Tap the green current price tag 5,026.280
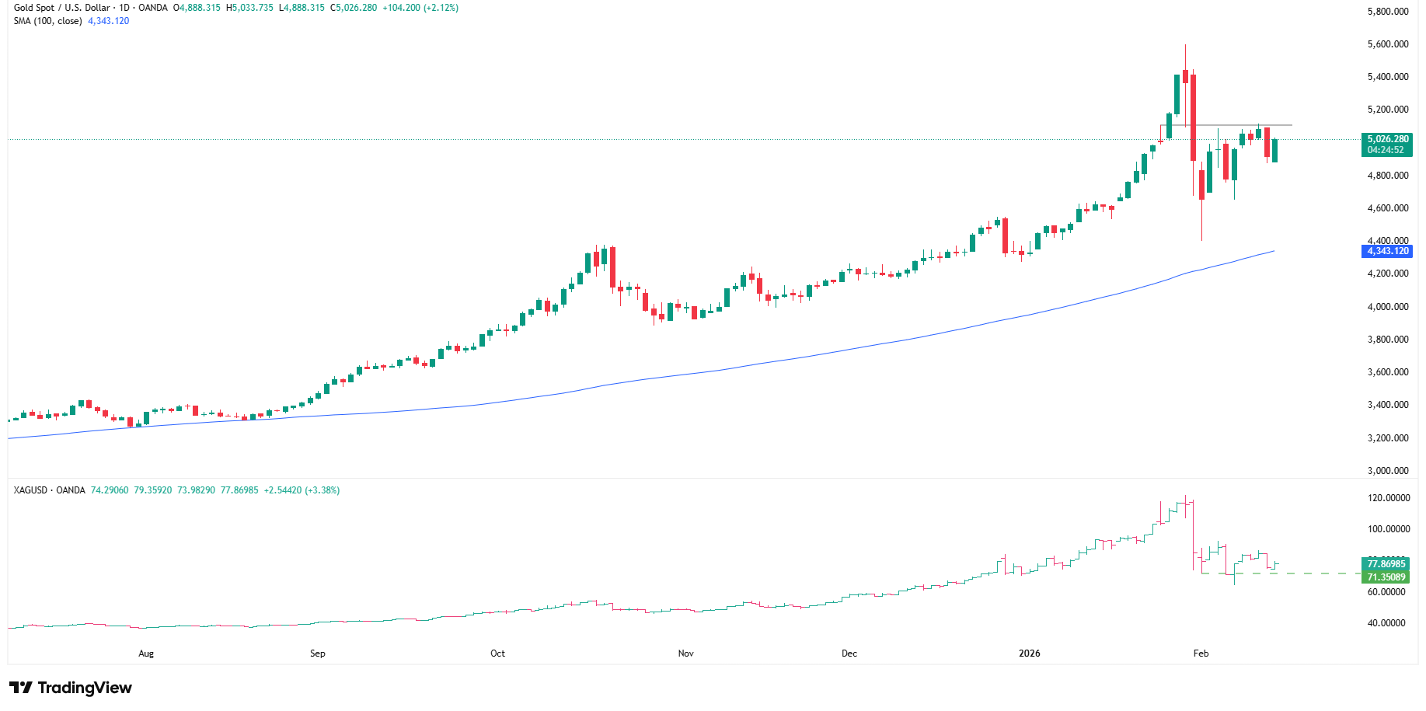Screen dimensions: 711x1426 coord(1387,140)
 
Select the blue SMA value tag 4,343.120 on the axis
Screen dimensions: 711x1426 coord(1387,251)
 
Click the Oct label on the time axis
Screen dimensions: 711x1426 coord(497,653)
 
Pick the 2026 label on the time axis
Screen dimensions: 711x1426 coord(1029,653)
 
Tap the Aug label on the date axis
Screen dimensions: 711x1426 coord(146,653)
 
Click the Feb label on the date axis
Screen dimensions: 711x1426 coord(1201,653)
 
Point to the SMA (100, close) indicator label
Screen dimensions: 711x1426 coord(47,21)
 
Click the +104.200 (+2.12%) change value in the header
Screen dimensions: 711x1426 coord(420,8)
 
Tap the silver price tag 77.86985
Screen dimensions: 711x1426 coord(1386,564)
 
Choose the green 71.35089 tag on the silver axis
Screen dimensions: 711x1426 coord(1386,577)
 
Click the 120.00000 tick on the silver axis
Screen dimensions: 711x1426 coord(1388,498)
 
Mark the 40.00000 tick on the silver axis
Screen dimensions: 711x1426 coord(1386,623)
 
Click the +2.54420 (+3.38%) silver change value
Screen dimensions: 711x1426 coord(302,490)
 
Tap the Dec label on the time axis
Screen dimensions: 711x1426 coord(849,653)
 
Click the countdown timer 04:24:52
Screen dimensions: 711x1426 coord(1386,150)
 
